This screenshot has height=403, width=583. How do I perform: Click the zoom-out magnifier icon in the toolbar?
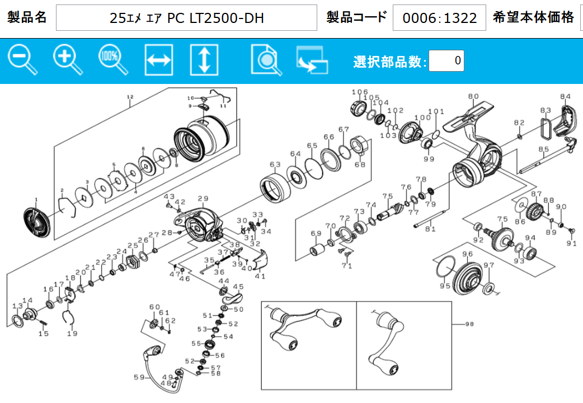22,59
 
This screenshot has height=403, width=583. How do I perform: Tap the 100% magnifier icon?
113,59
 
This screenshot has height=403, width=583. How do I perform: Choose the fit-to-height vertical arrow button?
204,60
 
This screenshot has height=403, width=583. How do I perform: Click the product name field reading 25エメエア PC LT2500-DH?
187,18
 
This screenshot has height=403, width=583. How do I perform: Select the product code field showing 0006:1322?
439,18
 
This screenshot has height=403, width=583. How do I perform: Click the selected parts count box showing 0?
446,60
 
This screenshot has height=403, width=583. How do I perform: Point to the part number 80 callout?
473,96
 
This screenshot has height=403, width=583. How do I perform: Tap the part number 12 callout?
130,97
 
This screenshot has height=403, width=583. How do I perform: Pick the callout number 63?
275,165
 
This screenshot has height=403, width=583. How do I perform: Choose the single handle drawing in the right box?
387,343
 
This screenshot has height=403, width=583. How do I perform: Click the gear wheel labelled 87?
535,212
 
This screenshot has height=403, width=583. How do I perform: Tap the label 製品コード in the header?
356,17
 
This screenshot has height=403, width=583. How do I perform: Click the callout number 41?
260,275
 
